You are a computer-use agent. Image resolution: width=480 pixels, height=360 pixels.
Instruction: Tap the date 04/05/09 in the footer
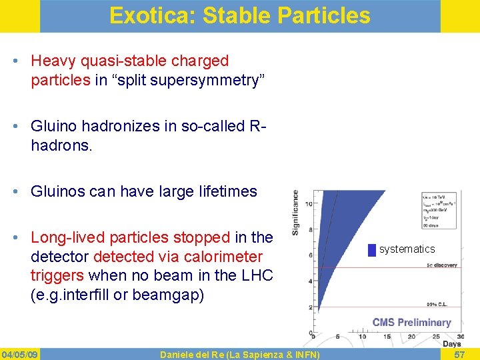(20, 353)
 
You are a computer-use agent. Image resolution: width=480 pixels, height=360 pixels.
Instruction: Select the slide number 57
(460, 353)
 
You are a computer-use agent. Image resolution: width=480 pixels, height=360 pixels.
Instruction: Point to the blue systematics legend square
(371, 250)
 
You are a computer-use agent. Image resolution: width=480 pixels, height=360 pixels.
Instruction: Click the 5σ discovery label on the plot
(441, 265)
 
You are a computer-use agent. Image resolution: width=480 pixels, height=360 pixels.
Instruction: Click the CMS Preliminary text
(411, 323)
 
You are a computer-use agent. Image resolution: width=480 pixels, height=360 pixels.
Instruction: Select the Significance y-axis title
(295, 213)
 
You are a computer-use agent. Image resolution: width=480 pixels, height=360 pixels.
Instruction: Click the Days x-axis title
(451, 345)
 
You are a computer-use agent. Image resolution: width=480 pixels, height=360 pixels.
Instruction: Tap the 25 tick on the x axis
(429, 337)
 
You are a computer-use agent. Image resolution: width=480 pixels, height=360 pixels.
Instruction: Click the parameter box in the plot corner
(439, 210)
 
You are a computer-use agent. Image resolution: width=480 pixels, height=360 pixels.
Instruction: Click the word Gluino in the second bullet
(54, 126)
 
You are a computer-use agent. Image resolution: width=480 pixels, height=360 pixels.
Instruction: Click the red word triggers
(57, 275)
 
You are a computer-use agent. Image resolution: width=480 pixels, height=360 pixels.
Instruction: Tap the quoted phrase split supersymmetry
(190, 81)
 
